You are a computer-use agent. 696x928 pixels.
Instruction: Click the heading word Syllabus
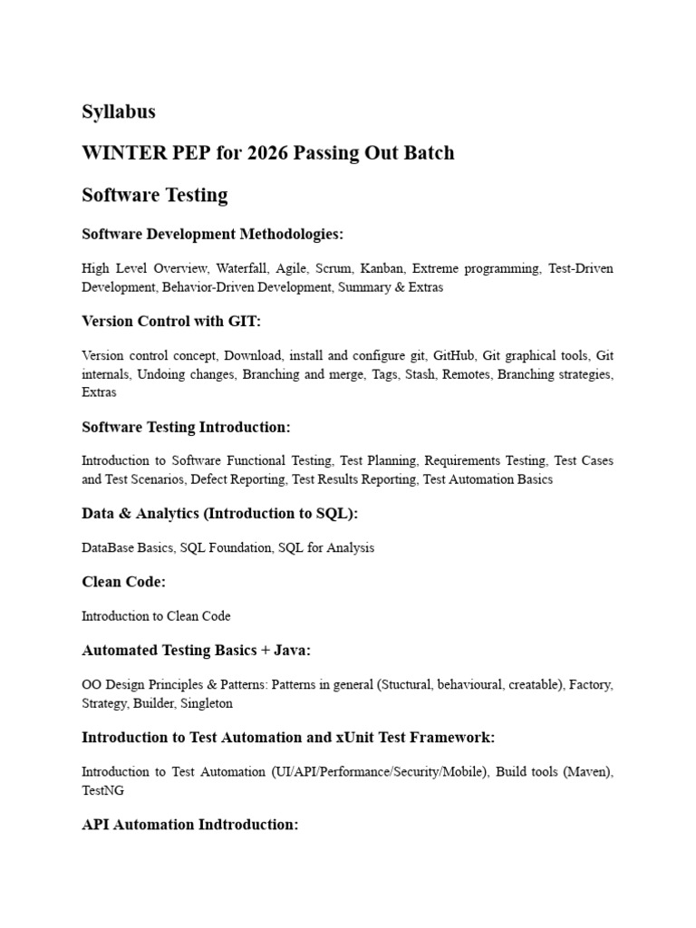[x=119, y=112]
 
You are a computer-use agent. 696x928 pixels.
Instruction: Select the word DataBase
[x=107, y=547]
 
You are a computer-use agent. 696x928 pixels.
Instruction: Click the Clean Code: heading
[x=124, y=582]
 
